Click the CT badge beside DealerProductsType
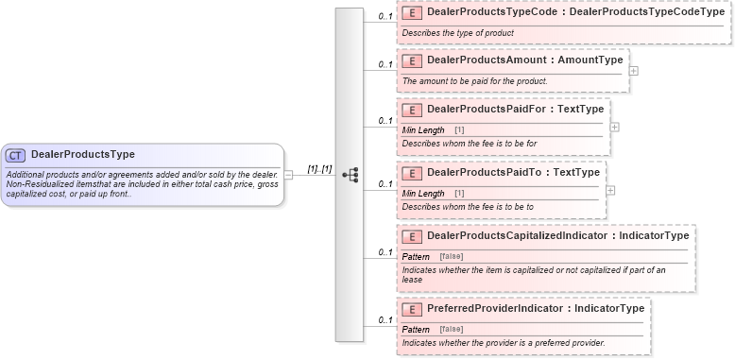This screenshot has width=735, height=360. point(16,155)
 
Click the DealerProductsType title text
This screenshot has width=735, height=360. point(83,155)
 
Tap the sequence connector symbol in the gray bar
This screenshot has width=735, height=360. point(350,175)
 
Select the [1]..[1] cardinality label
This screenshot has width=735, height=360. point(320,168)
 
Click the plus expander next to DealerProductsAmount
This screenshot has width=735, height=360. point(633,70)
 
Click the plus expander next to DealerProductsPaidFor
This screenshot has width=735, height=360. point(614,126)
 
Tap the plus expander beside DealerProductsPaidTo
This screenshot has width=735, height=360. point(610,189)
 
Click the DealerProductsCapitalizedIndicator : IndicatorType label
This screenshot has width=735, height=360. point(557,235)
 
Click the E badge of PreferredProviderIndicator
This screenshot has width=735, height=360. point(412,309)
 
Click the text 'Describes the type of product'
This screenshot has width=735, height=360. point(458,33)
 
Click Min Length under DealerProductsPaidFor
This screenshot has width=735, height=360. point(423,129)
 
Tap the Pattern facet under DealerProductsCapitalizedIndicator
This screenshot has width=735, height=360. point(416,256)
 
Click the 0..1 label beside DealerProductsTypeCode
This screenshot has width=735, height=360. point(385,17)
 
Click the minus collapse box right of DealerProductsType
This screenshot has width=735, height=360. point(288,175)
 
